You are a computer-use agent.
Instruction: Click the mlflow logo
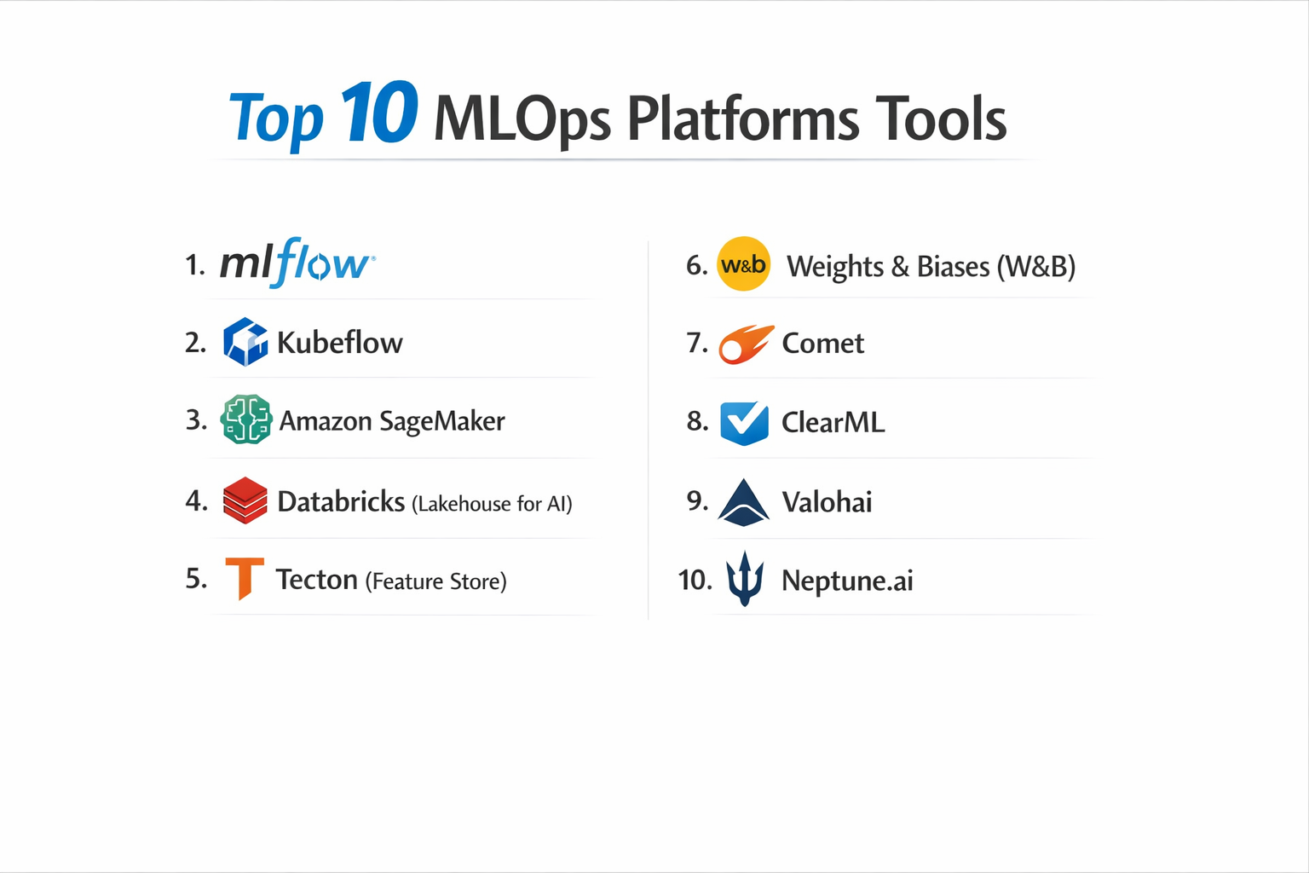pos(297,263)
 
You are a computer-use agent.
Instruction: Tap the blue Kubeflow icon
pos(245,342)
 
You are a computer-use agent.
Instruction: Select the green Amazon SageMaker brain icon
pos(245,419)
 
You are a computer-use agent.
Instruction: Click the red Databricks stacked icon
pos(245,500)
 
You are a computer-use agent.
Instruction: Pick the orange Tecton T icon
pos(245,578)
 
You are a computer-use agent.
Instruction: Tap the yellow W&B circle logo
pos(743,264)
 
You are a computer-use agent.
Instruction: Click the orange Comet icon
pos(746,344)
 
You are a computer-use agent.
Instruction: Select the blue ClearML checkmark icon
pos(744,423)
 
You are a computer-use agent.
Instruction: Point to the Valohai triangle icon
pos(744,501)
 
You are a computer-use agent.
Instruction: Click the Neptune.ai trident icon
pos(744,579)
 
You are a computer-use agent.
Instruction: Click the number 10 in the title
pos(378,113)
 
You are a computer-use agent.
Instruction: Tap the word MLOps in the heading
pos(522,119)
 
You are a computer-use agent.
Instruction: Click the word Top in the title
pos(276,119)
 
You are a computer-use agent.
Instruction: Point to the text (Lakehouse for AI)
pos(492,504)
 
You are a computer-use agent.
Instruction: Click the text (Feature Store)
pos(435,581)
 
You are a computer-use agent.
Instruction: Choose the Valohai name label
pos(827,502)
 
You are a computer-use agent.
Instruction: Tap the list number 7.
pos(696,343)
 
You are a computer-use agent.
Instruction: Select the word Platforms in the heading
pos(743,119)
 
